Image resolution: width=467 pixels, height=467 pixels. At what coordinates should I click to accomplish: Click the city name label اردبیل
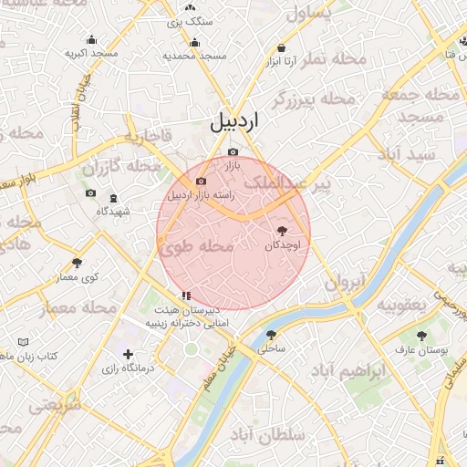click(x=234, y=121)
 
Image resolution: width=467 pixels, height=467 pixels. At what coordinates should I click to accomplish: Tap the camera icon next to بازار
click(x=233, y=151)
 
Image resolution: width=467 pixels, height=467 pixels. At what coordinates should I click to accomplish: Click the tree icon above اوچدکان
click(x=281, y=231)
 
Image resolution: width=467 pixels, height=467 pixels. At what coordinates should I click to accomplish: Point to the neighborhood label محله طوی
click(x=198, y=246)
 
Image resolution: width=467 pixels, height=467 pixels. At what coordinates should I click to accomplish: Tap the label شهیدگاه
click(x=113, y=212)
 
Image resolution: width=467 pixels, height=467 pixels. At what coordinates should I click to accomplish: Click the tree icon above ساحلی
click(x=271, y=334)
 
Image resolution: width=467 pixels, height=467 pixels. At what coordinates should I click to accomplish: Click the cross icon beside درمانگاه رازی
click(x=128, y=354)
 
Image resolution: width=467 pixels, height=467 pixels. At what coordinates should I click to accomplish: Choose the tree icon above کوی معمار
click(x=77, y=263)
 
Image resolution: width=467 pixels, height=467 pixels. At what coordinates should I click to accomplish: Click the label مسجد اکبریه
click(x=91, y=54)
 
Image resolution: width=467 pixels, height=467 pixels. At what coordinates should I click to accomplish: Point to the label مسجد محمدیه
click(x=194, y=56)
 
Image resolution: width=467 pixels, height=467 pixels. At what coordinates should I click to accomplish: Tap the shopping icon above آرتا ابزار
click(x=281, y=47)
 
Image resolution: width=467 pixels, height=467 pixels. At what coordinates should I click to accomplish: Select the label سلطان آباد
click(x=272, y=437)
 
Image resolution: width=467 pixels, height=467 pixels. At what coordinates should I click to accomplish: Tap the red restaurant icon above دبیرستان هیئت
click(x=186, y=295)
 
